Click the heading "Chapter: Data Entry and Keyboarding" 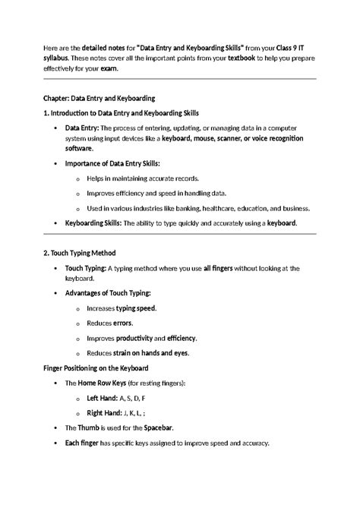pyautogui.click(x=99, y=98)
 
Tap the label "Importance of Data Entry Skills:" pyautogui.click(x=112, y=163)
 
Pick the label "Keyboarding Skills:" pyautogui.click(x=93, y=223)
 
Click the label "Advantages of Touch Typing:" pyautogui.click(x=108, y=293)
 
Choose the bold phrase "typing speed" pyautogui.click(x=137, y=308)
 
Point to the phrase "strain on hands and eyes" pyautogui.click(x=151, y=353)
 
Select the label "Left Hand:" pyautogui.click(x=103, y=398)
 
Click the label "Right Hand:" pyautogui.click(x=105, y=412)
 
